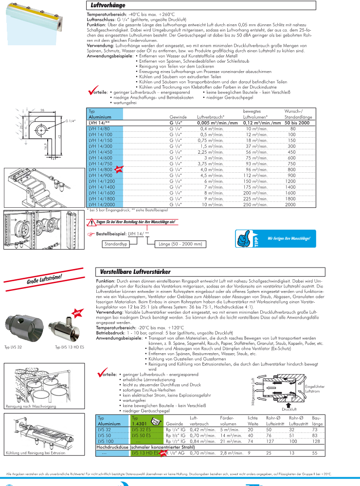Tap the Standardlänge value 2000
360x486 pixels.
[290, 205]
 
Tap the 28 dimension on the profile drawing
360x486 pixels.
[42, 111]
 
